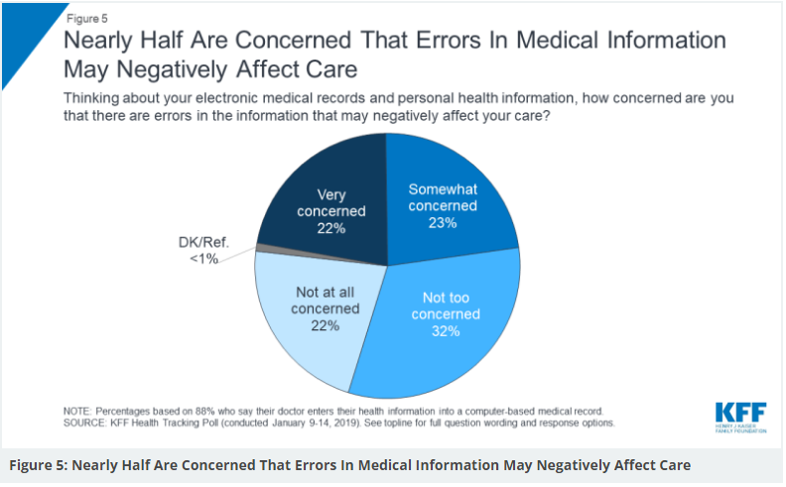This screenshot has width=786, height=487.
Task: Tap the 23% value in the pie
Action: (x=442, y=223)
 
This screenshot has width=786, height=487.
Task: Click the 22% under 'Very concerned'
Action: (x=329, y=228)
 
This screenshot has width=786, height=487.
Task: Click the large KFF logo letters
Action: (x=738, y=412)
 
